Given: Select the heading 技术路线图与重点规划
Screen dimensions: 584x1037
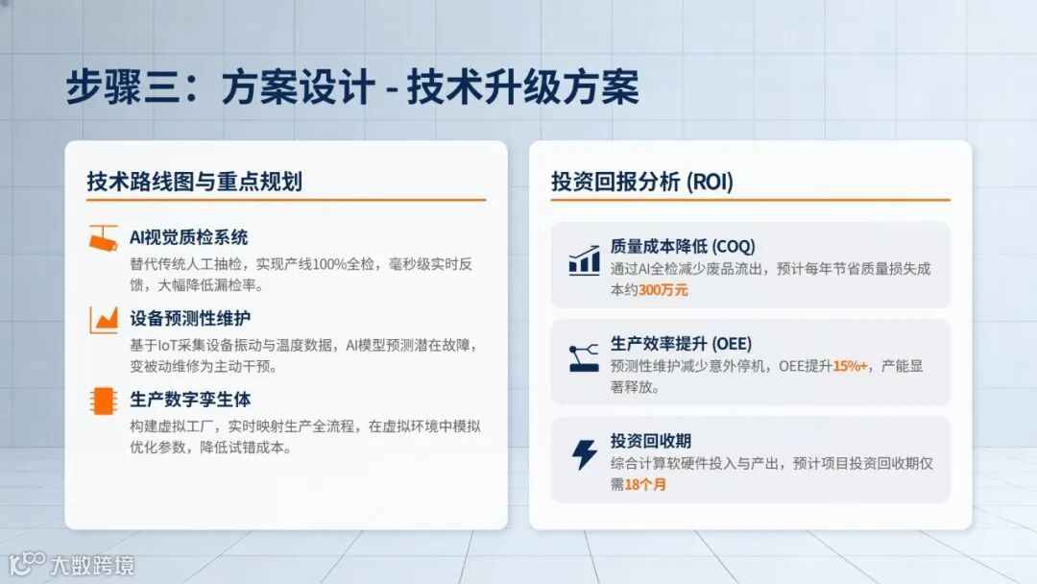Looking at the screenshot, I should (194, 181).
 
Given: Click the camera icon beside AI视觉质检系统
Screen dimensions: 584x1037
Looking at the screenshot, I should (103, 238).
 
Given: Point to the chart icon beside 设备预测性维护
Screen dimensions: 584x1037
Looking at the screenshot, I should (103, 319).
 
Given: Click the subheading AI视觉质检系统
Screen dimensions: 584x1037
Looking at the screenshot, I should (188, 237).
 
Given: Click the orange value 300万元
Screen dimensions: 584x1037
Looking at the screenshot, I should (663, 289).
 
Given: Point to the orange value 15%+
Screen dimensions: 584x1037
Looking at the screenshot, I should (850, 366).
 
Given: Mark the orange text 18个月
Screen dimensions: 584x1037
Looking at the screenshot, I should (645, 484).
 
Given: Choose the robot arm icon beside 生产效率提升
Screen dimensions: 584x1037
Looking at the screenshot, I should (584, 357).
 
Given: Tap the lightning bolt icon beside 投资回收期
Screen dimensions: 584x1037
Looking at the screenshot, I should (584, 454).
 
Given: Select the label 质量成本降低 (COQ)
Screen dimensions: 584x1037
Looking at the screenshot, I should (682, 246).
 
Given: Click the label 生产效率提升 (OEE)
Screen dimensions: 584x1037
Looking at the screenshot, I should (681, 343).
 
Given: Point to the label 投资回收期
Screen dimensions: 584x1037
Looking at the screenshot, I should (650, 441).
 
